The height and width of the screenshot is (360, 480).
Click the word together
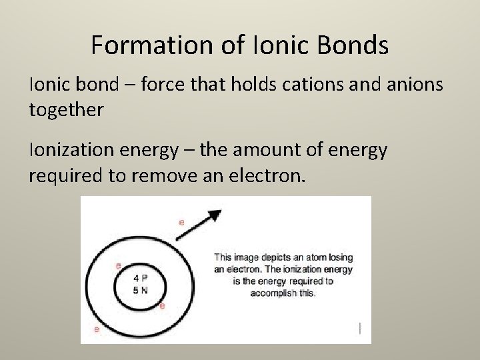pyautogui.click(x=67, y=109)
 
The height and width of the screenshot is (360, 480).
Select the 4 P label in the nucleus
pyautogui.click(x=140, y=278)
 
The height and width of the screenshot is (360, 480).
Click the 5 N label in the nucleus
pyautogui.click(x=140, y=290)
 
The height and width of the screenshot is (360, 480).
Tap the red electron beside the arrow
pyautogui.click(x=181, y=222)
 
